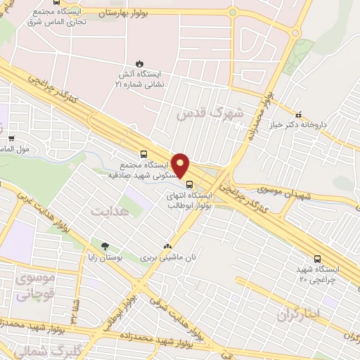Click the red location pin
pyautogui.click(x=181, y=165)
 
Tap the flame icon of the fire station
pyautogui.click(x=138, y=62)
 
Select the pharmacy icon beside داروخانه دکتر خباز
pyautogui.click(x=298, y=114)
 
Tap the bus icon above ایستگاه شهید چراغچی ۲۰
pyautogui.click(x=318, y=259)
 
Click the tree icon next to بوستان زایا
pyautogui.click(x=105, y=247)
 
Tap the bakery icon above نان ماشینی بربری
pyautogui.click(x=167, y=247)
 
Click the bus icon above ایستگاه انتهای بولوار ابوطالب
pyautogui.click(x=188, y=185)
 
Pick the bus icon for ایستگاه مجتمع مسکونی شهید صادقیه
pyautogui.click(x=144, y=153)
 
